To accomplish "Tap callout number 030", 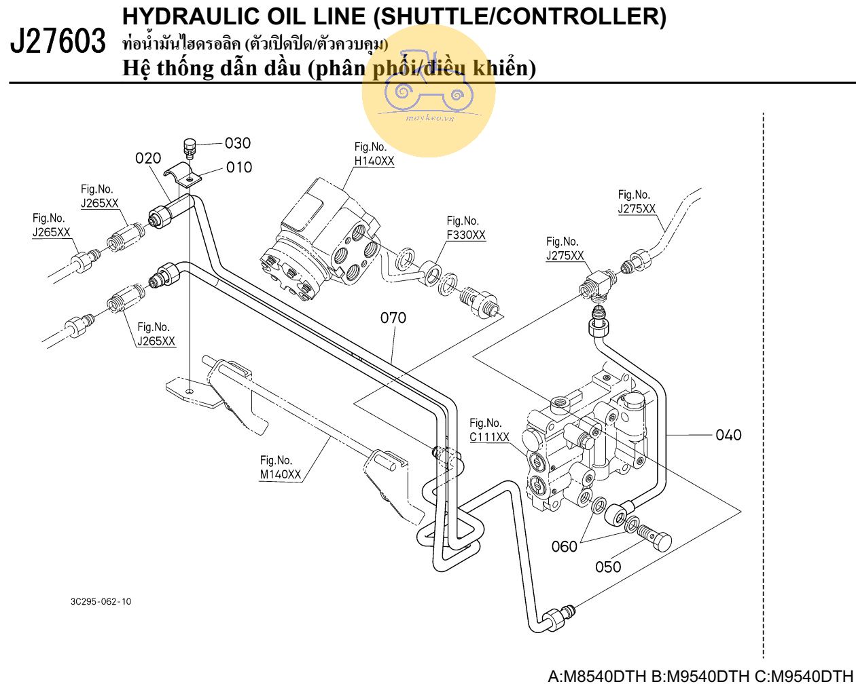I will pos(238,143).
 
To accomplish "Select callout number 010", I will pos(239,167).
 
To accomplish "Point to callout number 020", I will pos(148,158).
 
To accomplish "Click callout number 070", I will pos(393,317).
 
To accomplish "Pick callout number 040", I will pos(728,435).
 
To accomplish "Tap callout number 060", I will pos(564,546).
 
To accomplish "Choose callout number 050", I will pos(608,566).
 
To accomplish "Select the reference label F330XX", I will pos(466,235).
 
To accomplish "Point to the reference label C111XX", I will pos(489,438).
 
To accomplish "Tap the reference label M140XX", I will pos(280,475).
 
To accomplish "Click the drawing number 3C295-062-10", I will pos(101,602).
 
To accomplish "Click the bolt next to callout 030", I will pos(190,147).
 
